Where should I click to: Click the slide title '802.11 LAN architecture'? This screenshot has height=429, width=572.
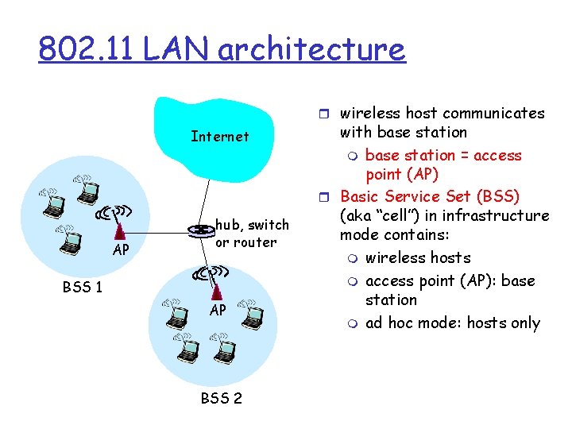[222, 49]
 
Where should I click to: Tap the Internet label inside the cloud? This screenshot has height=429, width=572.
[220, 137]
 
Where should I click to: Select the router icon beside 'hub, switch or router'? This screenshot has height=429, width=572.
[199, 231]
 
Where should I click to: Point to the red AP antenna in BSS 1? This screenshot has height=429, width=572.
[120, 231]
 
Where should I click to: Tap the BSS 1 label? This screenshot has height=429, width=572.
[83, 287]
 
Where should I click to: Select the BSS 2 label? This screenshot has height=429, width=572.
[222, 398]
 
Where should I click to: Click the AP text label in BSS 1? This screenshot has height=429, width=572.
[121, 250]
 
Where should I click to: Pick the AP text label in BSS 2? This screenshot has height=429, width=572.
[218, 311]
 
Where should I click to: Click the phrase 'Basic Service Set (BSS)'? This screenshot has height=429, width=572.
[429, 196]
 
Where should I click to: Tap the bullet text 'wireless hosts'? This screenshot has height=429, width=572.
[418, 258]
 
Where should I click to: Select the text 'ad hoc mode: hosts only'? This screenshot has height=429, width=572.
[452, 323]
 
